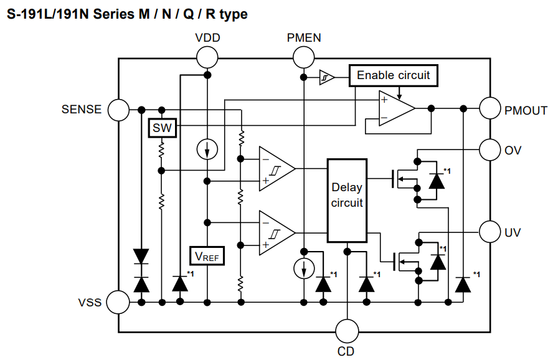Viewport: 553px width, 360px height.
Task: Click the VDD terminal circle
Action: click(207, 58)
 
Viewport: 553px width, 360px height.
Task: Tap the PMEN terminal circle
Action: click(303, 58)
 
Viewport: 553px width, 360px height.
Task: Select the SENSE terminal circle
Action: click(118, 110)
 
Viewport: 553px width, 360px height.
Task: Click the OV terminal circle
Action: click(490, 149)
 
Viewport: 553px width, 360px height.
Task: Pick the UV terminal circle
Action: click(490, 232)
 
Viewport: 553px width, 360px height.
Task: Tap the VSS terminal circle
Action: click(118, 303)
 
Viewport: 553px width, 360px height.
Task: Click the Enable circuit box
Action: click(393, 75)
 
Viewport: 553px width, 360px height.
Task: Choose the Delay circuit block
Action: click(347, 199)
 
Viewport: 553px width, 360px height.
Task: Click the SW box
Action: click(162, 129)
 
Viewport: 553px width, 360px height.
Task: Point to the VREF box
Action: click(207, 255)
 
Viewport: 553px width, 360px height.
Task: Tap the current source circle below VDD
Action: click(207, 149)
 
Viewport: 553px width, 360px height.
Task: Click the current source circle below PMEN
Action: click(303, 269)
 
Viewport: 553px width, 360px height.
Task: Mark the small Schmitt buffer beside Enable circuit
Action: click(326, 77)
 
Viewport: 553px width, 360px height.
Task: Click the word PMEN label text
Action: click(304, 37)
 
